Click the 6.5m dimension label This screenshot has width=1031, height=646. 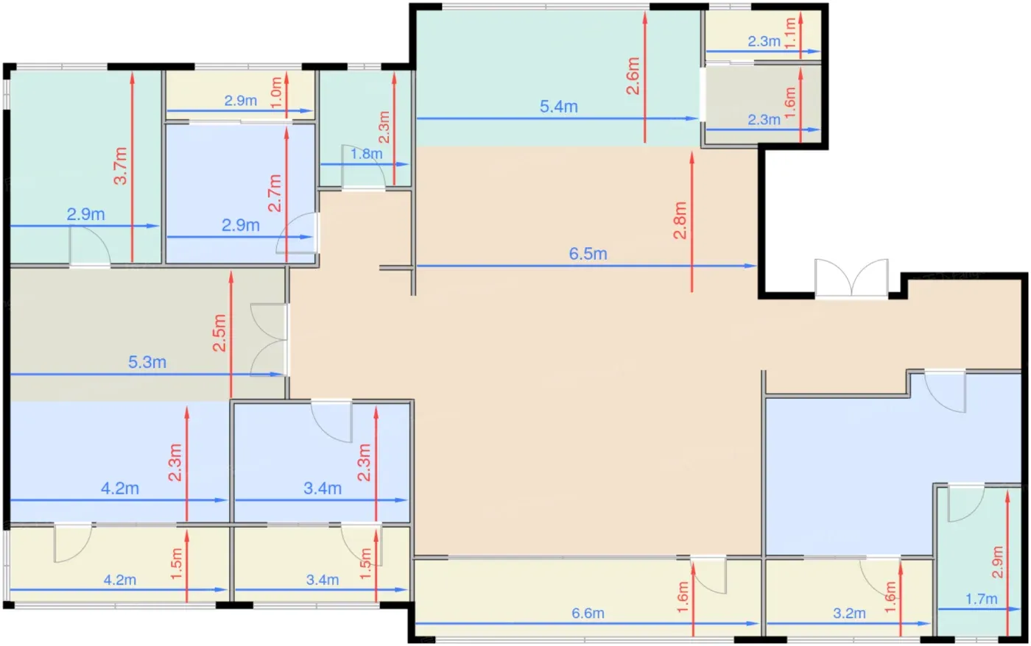coord(588,253)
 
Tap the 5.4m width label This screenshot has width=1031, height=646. coord(558,106)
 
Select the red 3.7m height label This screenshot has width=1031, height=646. coord(120,166)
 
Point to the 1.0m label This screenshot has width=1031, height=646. coord(275,93)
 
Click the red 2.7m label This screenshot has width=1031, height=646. coord(274,193)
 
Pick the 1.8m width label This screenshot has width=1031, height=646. coord(367,154)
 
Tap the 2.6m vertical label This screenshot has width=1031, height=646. coord(633,76)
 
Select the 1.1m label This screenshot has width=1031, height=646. coord(789,32)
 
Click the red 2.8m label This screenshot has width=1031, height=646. coord(680,220)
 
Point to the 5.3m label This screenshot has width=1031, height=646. coord(147,362)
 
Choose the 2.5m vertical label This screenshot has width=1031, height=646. coord(219,333)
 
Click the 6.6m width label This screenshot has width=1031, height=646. coord(588,613)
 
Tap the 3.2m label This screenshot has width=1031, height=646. coord(849,613)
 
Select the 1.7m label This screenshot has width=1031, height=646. coord(981,599)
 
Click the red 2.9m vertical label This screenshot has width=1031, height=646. coord(997,562)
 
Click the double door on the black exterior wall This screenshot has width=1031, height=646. coord(851,279)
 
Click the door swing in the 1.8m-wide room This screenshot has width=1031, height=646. coord(363,166)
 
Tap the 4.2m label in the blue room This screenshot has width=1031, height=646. coord(119,488)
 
